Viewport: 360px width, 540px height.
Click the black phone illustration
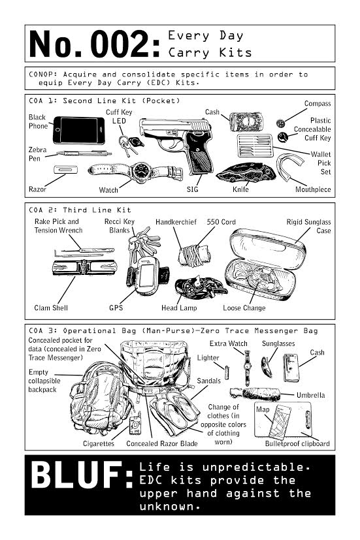pos(79,130)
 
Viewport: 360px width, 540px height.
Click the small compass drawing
pos(280,123)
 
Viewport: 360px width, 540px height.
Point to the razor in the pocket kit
pos(65,169)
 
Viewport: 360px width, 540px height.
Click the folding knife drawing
pos(246,173)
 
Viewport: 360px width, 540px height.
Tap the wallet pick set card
pos(255,146)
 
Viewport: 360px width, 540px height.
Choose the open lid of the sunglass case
pos(267,248)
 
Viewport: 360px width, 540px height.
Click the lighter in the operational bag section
pos(227,373)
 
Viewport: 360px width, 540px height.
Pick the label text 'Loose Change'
pos(244,308)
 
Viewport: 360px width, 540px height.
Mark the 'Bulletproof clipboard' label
pos(297,443)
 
